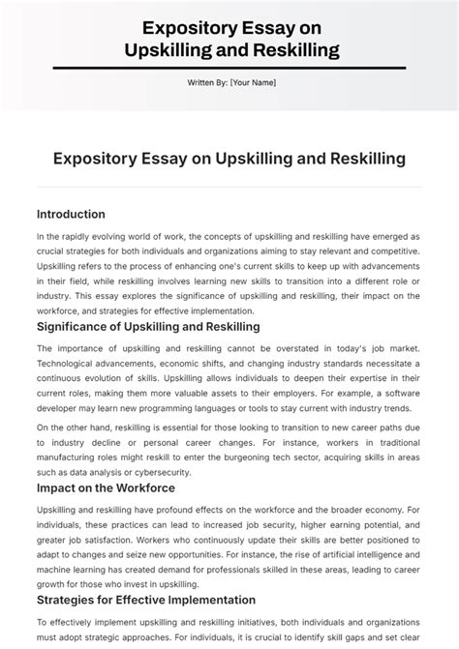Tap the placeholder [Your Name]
pos(254,82)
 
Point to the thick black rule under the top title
pos(229,67)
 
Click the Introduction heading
pos(71,214)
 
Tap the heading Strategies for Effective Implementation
pos(146,600)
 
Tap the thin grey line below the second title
pos(229,186)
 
